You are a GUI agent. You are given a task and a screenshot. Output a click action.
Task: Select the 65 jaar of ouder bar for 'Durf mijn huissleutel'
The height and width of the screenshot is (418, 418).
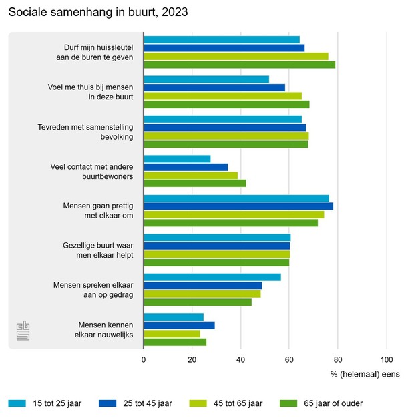239,65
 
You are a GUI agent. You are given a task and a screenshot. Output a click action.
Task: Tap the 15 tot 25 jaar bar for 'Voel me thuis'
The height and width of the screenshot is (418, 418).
206,79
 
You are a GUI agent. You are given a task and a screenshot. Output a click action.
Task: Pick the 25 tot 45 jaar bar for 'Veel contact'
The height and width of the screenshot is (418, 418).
186,167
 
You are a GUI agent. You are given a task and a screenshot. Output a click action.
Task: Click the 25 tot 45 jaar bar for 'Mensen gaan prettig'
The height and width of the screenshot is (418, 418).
238,206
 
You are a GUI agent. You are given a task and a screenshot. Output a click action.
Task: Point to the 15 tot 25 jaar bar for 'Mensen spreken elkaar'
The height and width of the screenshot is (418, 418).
212,277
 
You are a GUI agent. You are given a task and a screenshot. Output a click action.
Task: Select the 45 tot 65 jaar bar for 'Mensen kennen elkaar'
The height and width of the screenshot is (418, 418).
172,333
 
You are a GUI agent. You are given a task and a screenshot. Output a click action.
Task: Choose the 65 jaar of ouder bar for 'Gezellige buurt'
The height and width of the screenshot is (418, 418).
216,262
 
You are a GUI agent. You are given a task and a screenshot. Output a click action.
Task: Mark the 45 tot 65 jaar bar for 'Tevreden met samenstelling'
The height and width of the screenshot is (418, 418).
226,136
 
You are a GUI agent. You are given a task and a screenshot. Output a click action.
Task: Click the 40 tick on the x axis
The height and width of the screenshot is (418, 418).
240,359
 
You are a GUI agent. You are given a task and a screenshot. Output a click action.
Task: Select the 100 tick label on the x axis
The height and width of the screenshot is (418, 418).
386,359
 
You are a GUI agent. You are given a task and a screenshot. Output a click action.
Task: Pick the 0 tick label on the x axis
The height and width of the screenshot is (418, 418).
144,359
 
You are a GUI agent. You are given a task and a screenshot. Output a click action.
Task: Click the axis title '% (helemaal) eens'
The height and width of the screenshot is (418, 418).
365,374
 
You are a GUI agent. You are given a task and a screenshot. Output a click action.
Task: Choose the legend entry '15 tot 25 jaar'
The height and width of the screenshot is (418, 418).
53,403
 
